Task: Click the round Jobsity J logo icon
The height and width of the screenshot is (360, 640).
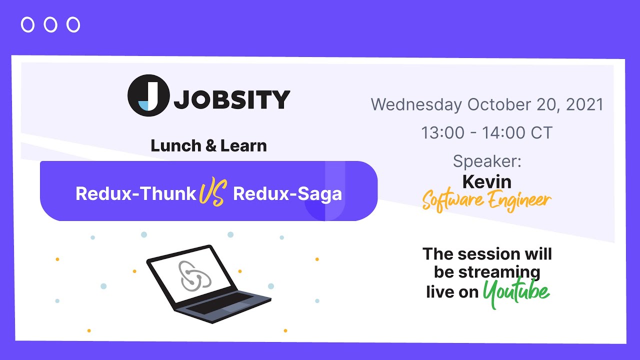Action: (148, 95)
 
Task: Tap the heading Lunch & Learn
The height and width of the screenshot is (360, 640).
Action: (208, 146)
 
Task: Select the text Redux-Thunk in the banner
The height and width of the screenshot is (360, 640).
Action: (135, 193)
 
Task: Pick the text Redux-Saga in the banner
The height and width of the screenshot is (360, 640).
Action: (287, 193)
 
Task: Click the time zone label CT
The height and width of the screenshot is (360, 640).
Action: (541, 133)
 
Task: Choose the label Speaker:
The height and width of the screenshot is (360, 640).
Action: (487, 161)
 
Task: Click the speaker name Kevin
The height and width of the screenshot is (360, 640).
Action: (487, 181)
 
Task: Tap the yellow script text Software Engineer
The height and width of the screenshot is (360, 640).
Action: (486, 201)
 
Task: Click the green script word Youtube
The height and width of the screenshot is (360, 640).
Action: (516, 291)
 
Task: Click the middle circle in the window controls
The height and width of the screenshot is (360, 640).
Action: (50, 24)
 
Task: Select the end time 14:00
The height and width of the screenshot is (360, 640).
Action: (504, 133)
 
